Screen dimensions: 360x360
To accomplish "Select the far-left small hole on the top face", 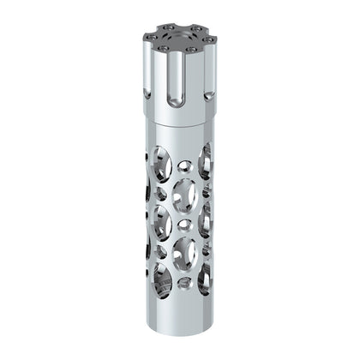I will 147,39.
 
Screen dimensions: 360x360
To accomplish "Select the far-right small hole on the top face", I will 213,39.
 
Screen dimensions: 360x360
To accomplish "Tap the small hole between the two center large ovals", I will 181,225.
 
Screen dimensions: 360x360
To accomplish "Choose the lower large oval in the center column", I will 183,254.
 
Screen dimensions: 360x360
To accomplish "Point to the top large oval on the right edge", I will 206,163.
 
